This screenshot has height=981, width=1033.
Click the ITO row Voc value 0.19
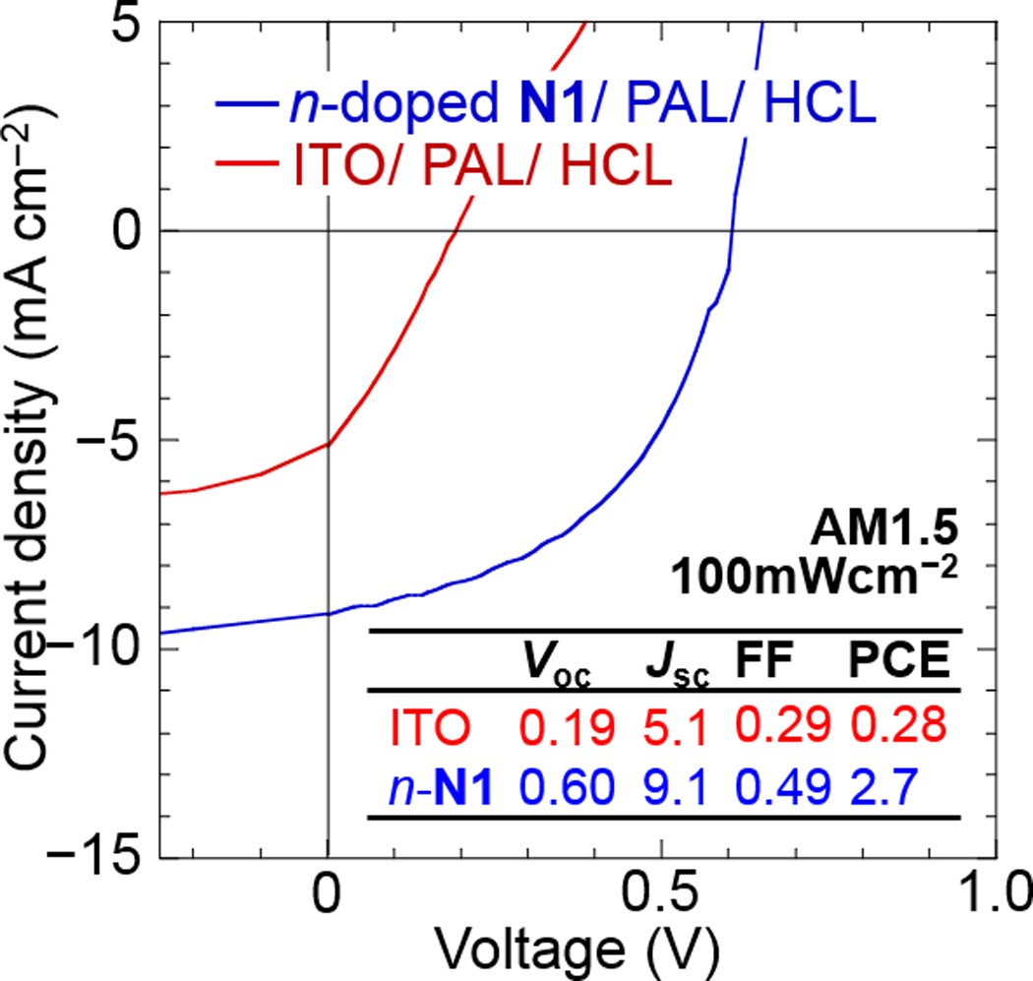pos(567,728)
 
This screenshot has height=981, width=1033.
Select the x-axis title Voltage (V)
pos(577,951)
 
